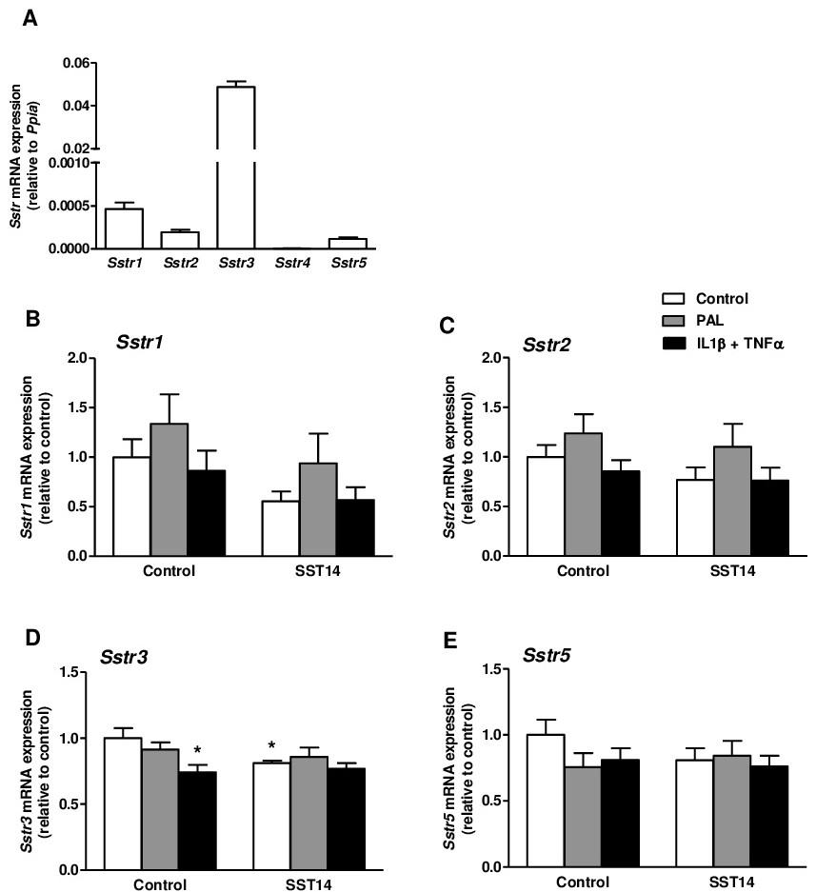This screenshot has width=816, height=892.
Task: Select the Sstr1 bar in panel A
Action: click(123, 228)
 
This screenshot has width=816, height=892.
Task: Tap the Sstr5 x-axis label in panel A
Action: click(348, 261)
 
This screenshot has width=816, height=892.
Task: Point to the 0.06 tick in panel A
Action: click(75, 63)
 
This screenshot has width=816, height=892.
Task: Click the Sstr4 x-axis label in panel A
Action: click(292, 261)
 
